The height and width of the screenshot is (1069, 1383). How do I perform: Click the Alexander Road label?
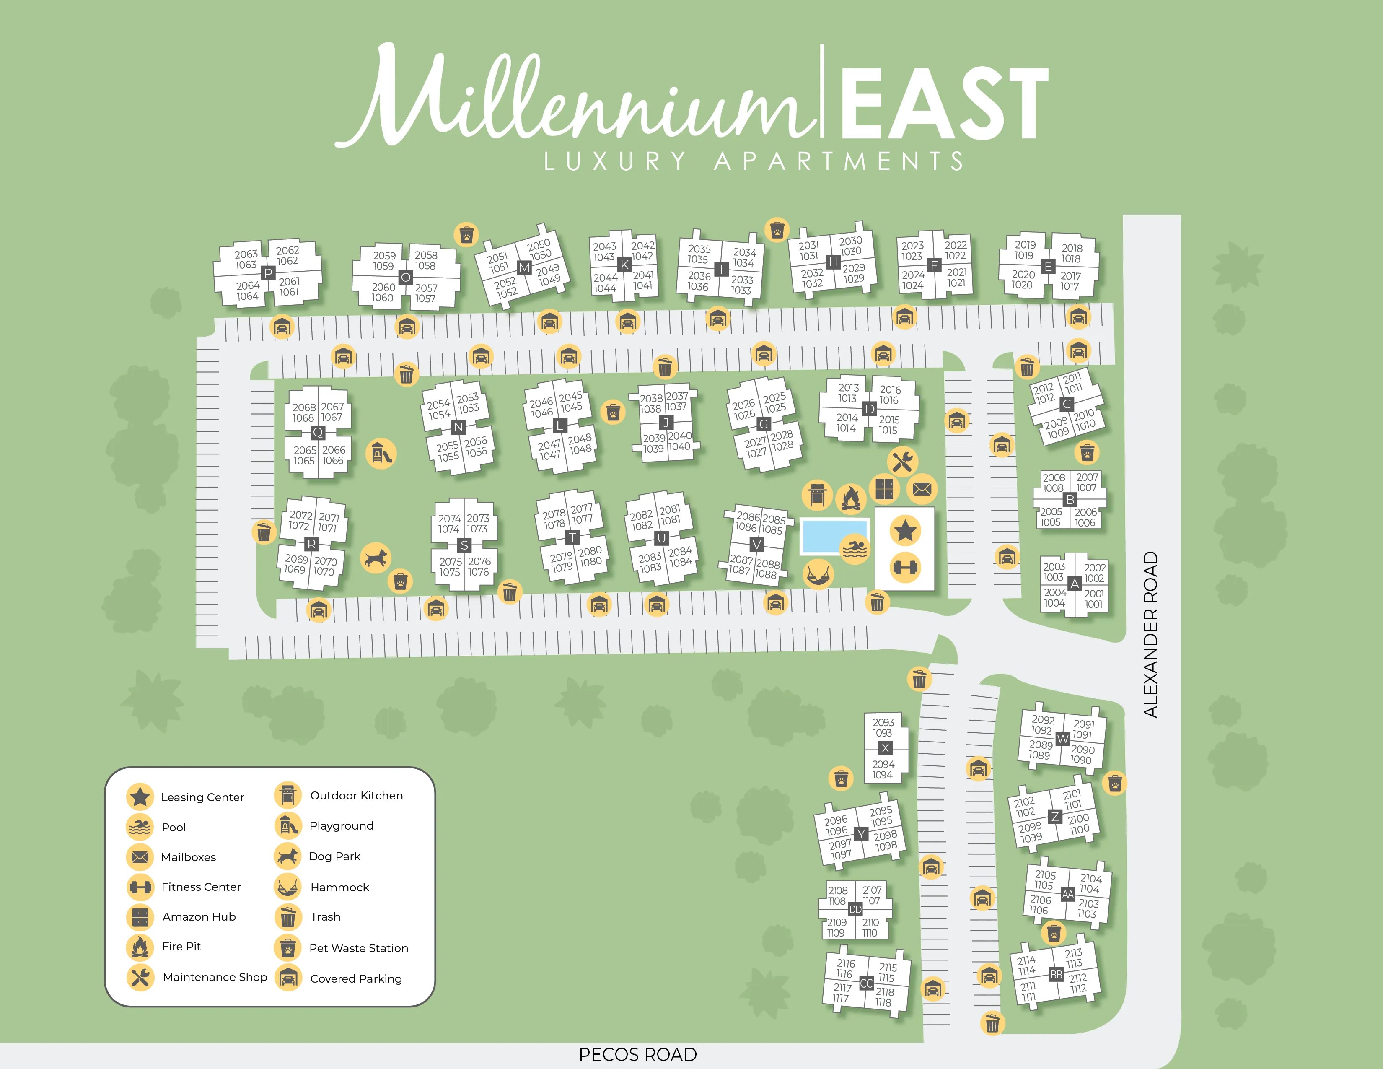pos(1150,635)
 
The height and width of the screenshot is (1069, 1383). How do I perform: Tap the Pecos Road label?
pos(638,1054)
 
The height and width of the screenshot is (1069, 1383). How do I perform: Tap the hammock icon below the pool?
pos(818,574)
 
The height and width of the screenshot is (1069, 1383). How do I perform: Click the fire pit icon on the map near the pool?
pos(851,499)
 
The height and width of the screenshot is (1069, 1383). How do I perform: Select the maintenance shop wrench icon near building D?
pos(902,462)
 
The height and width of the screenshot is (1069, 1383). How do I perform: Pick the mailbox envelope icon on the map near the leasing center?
pos(921,489)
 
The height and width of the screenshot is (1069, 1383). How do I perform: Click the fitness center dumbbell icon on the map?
pos(905,568)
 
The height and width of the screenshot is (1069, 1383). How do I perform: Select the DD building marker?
pos(855,909)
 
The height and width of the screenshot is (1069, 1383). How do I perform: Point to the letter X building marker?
pos(885,748)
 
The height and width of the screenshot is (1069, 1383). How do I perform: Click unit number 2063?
pos(246,254)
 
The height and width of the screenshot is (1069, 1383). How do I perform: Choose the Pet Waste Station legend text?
pos(358,948)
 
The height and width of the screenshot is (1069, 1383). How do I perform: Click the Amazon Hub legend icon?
pos(140,916)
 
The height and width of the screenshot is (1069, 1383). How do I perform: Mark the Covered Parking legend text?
pos(356,978)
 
